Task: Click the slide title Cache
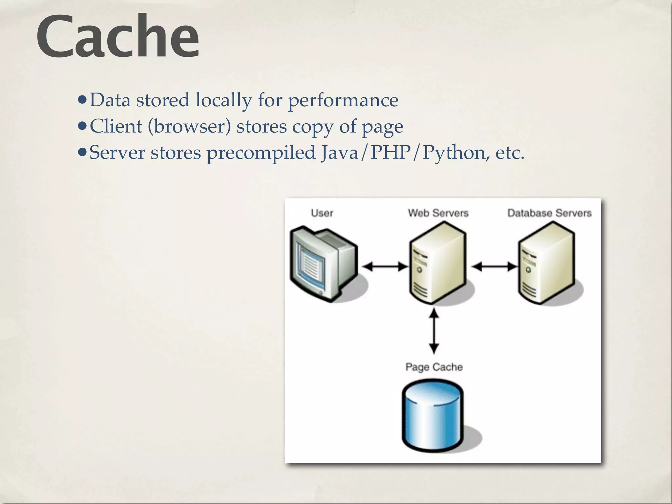117,37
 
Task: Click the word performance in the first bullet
343,100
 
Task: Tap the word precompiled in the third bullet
261,153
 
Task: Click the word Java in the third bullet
340,153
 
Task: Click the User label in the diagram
322,213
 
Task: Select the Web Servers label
438,213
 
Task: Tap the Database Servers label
549,213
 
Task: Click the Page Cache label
434,367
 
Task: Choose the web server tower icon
437,262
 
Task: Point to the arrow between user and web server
385,266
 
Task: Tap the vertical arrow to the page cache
434,331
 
